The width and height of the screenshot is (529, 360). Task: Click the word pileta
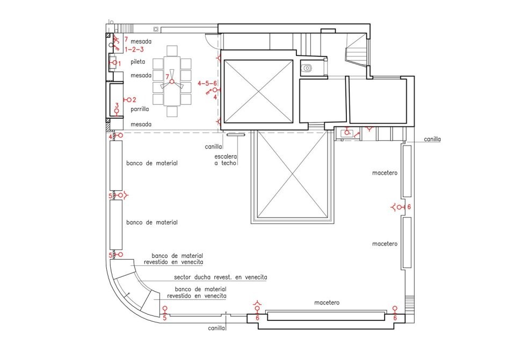pos(137,62)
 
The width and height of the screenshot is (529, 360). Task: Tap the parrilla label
pos(140,109)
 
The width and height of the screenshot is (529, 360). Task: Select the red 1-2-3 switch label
pos(134,49)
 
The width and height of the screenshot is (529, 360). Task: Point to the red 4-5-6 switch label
pos(207,83)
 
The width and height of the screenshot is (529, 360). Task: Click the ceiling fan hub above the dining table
pos(172,82)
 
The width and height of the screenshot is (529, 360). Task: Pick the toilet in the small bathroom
pos(307,68)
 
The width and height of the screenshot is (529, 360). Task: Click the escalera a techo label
pos(226,160)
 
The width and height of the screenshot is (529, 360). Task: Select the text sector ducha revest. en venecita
pos(220,277)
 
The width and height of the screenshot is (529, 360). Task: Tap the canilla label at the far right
pos(432,139)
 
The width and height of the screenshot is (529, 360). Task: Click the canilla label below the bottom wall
pos(216,328)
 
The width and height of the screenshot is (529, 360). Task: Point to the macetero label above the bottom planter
pos(327,303)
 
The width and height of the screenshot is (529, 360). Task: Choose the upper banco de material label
pos(152,163)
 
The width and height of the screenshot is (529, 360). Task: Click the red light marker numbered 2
pos(128,100)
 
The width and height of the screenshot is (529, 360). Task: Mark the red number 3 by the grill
pos(117,106)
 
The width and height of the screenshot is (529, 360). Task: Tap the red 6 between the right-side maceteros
pos(409,207)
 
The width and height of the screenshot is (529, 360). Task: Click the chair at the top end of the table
pos(172,51)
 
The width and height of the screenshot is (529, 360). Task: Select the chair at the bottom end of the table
pos(172,112)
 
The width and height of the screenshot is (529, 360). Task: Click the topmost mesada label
pos(141,42)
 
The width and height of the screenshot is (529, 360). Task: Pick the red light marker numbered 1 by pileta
pos(114,63)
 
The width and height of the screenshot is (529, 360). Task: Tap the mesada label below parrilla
pos(141,125)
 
